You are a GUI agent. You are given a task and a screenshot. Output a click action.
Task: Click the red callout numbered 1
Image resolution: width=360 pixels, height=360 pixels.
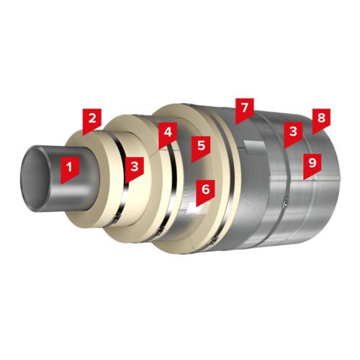click(x=70, y=169)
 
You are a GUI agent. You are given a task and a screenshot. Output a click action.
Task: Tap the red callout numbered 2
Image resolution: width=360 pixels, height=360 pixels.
click(x=92, y=121)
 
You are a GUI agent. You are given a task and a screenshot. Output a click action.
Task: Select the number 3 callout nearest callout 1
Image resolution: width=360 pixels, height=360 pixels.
click(x=135, y=169)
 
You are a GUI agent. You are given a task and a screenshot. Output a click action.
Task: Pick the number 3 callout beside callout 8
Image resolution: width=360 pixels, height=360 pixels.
click(x=293, y=134)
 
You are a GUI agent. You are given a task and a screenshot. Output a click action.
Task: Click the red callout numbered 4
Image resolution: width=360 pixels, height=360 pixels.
click(x=168, y=135)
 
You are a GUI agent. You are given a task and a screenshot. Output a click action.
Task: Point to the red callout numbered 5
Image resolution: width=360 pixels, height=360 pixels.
click(x=201, y=148)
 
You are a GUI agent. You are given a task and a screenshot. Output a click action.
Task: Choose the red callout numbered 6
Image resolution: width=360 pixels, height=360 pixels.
click(x=205, y=192)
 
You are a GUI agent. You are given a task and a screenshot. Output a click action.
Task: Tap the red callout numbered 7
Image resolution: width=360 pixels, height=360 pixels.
click(x=245, y=110)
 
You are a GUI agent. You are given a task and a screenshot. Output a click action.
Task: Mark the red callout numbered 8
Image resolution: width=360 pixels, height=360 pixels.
click(x=321, y=121)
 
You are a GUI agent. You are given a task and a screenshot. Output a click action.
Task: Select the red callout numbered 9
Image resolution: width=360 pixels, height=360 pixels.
click(x=312, y=166)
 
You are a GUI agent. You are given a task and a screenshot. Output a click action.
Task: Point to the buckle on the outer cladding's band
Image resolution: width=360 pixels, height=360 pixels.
click(x=285, y=204)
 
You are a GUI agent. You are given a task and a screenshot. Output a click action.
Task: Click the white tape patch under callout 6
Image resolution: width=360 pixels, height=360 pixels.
click(x=199, y=207)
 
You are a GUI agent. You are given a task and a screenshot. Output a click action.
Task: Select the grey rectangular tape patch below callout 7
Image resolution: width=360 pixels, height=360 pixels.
click(x=255, y=147)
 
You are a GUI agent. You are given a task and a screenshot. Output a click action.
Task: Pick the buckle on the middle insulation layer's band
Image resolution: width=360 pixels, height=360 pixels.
click(x=158, y=232)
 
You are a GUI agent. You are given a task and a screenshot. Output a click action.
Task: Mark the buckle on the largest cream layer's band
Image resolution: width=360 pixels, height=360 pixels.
click(x=213, y=240)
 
